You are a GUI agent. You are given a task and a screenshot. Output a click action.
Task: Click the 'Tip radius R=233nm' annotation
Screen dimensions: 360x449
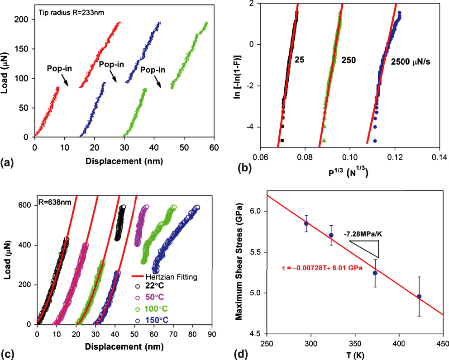coord(71,13)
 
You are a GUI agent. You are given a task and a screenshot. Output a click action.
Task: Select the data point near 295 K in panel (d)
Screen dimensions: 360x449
coord(306,223)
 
